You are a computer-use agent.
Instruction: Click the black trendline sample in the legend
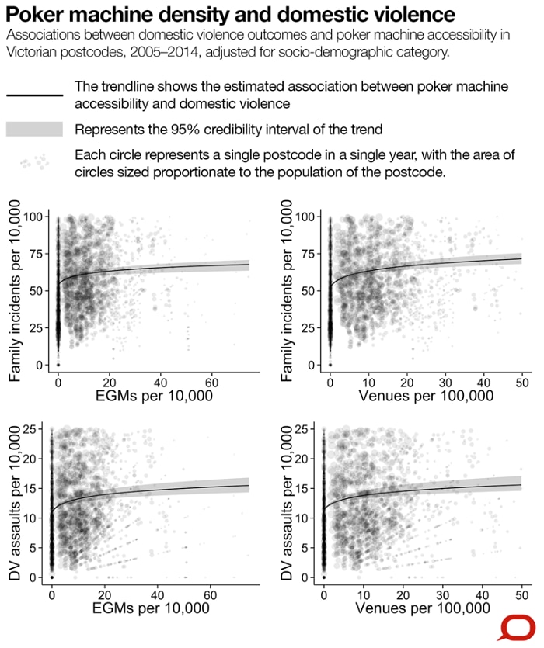pyautogui.click(x=35, y=95)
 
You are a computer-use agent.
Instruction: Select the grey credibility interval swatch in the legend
pyautogui.click(x=34, y=129)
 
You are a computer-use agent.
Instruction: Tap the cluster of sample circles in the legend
pyautogui.click(x=35, y=161)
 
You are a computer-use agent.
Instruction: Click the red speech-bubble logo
pyautogui.click(x=518, y=628)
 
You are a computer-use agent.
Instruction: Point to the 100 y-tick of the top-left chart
pyautogui.click(x=33, y=217)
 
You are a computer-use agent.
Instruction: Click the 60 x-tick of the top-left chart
pyautogui.click(x=211, y=383)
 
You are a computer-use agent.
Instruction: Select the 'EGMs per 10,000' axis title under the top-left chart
pyautogui.click(x=154, y=396)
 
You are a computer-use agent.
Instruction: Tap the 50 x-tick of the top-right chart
pyautogui.click(x=522, y=383)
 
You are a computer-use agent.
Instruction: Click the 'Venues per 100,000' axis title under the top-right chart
pyautogui.click(x=426, y=396)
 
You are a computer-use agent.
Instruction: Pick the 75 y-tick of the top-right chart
pyautogui.click(x=308, y=254)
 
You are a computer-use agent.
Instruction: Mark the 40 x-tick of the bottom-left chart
pyautogui.click(x=157, y=595)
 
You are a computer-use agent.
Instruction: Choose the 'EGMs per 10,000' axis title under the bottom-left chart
pyautogui.click(x=151, y=608)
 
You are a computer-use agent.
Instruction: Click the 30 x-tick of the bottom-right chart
pyautogui.click(x=442, y=595)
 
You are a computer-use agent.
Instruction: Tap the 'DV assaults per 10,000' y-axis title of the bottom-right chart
pyautogui.click(x=287, y=503)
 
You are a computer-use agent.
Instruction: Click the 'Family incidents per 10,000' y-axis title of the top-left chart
pyautogui.click(x=15, y=290)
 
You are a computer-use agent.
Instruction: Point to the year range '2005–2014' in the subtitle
pyautogui.click(x=164, y=53)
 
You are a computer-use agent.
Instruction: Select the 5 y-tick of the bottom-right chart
pyautogui.click(x=305, y=548)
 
